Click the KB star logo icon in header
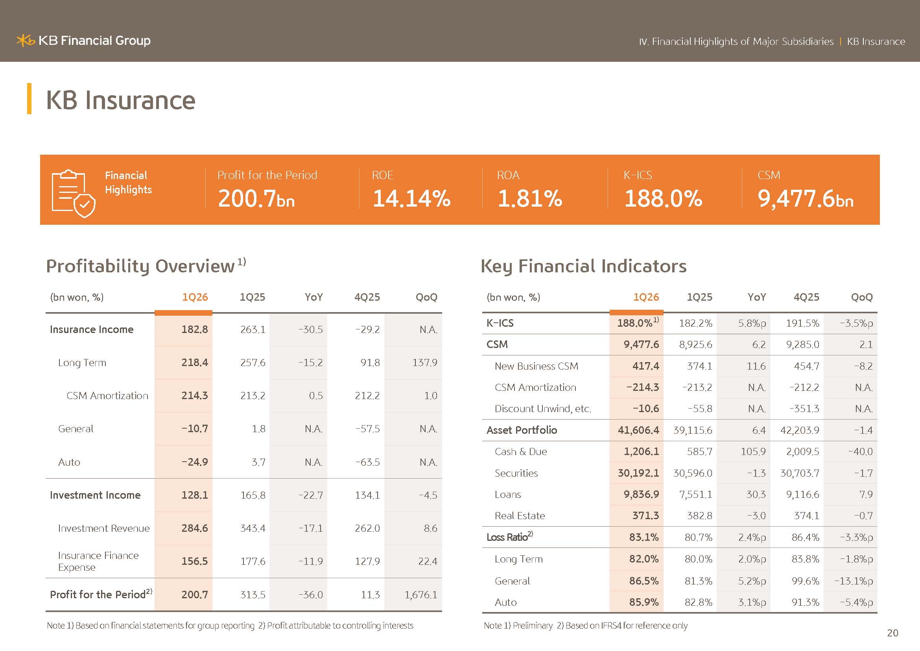coord(26,41)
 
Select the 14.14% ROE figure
coord(411,198)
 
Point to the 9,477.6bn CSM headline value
coord(806,199)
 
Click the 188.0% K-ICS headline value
coord(663,198)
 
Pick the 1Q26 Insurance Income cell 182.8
coord(194,329)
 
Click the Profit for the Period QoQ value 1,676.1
coord(420,595)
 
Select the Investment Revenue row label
coord(104,528)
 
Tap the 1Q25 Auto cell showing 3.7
coord(258,462)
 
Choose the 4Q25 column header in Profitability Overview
coord(367,297)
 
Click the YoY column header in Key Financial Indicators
coord(756,297)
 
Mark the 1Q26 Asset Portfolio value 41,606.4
coord(638,430)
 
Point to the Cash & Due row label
coord(520,452)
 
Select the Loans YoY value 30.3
coord(756,494)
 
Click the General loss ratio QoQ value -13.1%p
coord(854,581)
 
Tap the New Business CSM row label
coord(536,366)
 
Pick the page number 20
coord(893,633)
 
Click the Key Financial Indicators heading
coord(583,266)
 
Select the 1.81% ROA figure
coord(530,198)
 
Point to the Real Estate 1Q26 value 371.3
coord(645,516)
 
